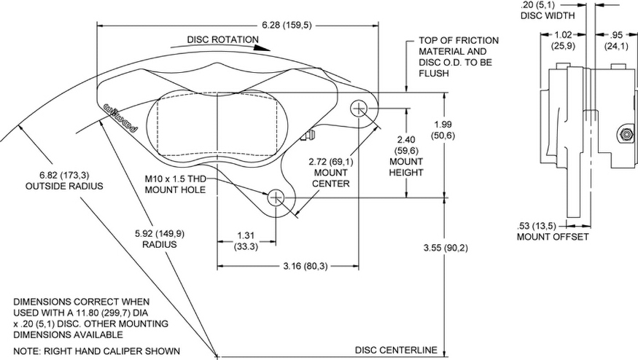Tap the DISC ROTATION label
pos(222,39)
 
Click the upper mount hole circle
pos(359,109)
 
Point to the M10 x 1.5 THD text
pos(175,179)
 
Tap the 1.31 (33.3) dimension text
pos(245,241)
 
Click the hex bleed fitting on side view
pos(624,135)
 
